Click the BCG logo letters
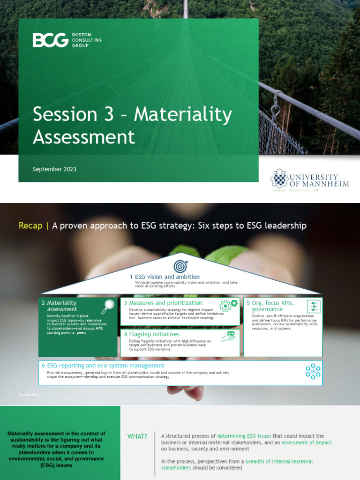[50, 40]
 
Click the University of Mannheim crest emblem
[279, 179]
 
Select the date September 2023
[54, 169]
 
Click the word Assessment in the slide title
[84, 137]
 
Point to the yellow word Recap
[30, 225]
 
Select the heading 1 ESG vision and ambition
[165, 277]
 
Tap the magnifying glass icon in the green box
[108, 307]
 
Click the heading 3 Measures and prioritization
[163, 303]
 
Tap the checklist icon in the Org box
[314, 306]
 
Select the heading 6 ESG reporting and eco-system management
[103, 365]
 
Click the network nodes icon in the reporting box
[313, 371]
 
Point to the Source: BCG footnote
[29, 395]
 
